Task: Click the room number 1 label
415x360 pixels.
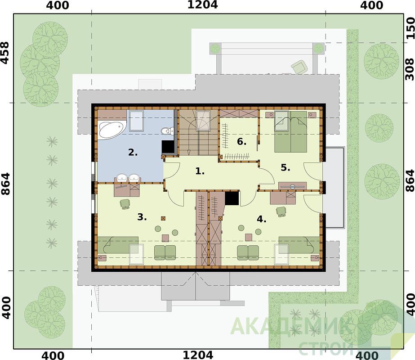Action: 200,171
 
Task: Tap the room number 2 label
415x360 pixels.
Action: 133,153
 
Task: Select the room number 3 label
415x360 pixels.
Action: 142,217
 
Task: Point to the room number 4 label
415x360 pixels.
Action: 262,219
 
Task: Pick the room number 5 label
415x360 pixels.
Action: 286,168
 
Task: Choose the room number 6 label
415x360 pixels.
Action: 241,142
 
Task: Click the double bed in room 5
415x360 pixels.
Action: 291,132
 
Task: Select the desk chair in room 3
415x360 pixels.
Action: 125,204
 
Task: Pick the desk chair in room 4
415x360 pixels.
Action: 281,211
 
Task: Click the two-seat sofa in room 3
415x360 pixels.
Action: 165,252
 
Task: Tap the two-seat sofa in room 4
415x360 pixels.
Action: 248,252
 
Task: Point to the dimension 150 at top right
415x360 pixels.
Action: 410,28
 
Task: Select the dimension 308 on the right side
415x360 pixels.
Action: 410,69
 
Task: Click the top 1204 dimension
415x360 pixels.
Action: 202,4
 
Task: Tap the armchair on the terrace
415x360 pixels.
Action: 300,66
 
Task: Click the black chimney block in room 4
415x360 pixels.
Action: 232,198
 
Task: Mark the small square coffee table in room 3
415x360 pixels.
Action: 165,238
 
